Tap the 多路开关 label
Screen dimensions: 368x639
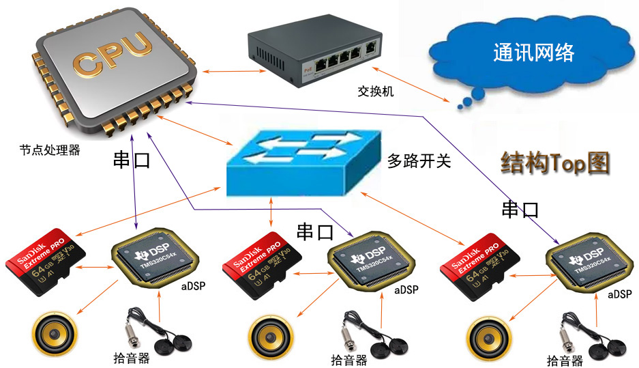pos(419,162)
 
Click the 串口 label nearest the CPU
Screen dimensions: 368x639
pos(131,160)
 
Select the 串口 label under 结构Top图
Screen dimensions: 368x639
pos(520,210)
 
